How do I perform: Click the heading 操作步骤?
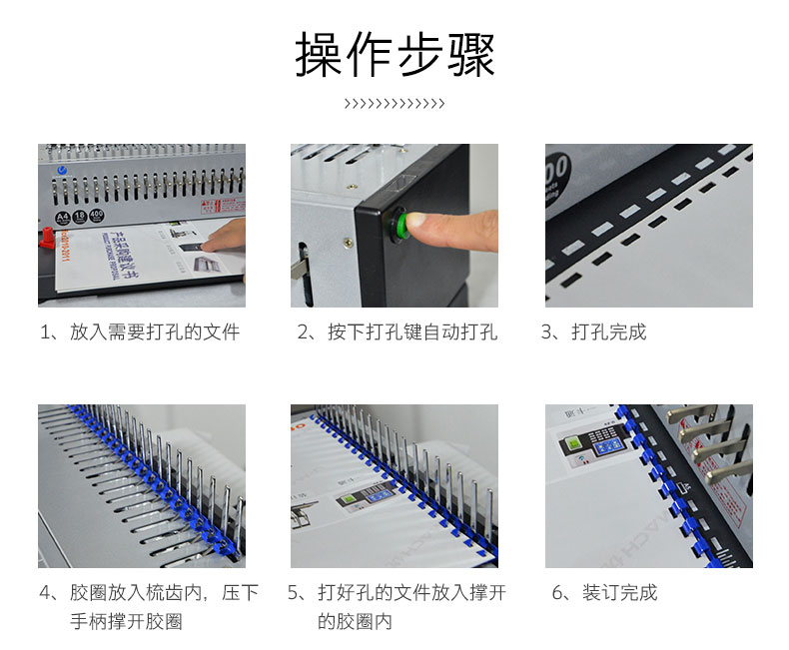(395, 55)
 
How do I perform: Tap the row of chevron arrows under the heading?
(394, 104)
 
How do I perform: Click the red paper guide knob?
(47, 238)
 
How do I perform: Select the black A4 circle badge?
(62, 218)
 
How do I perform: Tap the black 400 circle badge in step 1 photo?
(96, 216)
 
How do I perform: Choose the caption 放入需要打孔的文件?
(155, 332)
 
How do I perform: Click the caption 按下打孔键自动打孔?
(412, 332)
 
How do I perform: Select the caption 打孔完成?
(609, 332)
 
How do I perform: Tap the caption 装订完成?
(620, 593)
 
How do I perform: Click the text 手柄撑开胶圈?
(126, 621)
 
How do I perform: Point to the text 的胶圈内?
(355, 621)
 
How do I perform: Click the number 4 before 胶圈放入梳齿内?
(45, 593)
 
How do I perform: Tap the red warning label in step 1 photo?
(223, 207)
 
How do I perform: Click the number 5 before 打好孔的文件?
(293, 593)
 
